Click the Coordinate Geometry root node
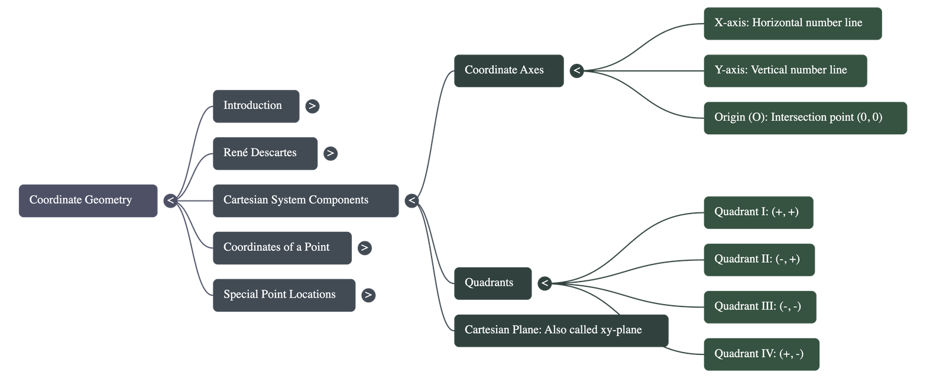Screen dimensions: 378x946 point(88,201)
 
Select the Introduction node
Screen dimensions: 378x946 point(255,106)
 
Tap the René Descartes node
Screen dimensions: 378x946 point(265,153)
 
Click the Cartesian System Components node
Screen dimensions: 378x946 point(305,201)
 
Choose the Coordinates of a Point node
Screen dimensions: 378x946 point(281,248)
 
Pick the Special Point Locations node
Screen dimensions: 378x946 point(284,295)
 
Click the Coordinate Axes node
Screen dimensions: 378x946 point(508,70)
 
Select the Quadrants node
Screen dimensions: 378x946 point(493,283)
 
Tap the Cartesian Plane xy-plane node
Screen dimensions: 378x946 point(561,331)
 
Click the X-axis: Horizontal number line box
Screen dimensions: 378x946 point(792,24)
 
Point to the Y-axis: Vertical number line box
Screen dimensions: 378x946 point(785,71)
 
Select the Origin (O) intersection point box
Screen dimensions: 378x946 point(805,118)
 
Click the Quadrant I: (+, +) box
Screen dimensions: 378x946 point(758,212)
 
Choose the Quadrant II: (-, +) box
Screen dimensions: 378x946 point(759,260)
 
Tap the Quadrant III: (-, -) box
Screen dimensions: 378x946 point(759,307)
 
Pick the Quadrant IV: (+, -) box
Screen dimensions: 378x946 point(761,354)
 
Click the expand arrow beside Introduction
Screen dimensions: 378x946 point(312,106)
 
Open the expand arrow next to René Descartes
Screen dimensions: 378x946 point(330,153)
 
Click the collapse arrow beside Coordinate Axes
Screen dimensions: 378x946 point(576,71)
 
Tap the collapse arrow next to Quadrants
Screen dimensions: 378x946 point(545,283)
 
